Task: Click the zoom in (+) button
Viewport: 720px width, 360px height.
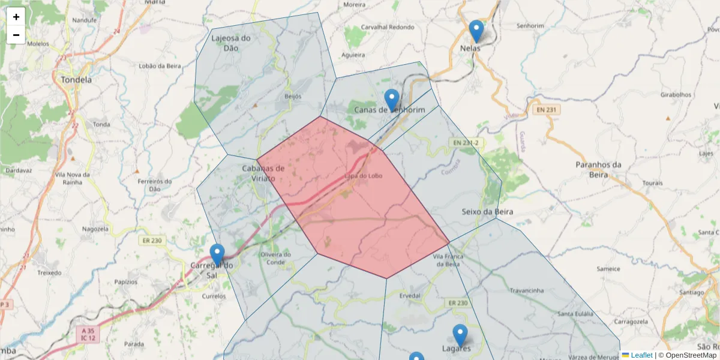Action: [x=16, y=17]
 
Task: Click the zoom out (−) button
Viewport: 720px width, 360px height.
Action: [x=16, y=35]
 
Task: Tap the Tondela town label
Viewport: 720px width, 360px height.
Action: [x=76, y=79]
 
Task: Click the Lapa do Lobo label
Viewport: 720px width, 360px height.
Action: [x=364, y=176]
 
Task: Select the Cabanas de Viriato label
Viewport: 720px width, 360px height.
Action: [x=263, y=173]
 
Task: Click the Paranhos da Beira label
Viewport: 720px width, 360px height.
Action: [x=598, y=170]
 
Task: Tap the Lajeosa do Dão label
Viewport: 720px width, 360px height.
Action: [x=231, y=43]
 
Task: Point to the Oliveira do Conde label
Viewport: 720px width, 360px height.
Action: [x=276, y=258]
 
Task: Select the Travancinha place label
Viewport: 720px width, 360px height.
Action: [x=526, y=290]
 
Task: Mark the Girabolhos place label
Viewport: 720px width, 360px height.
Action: [x=676, y=95]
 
